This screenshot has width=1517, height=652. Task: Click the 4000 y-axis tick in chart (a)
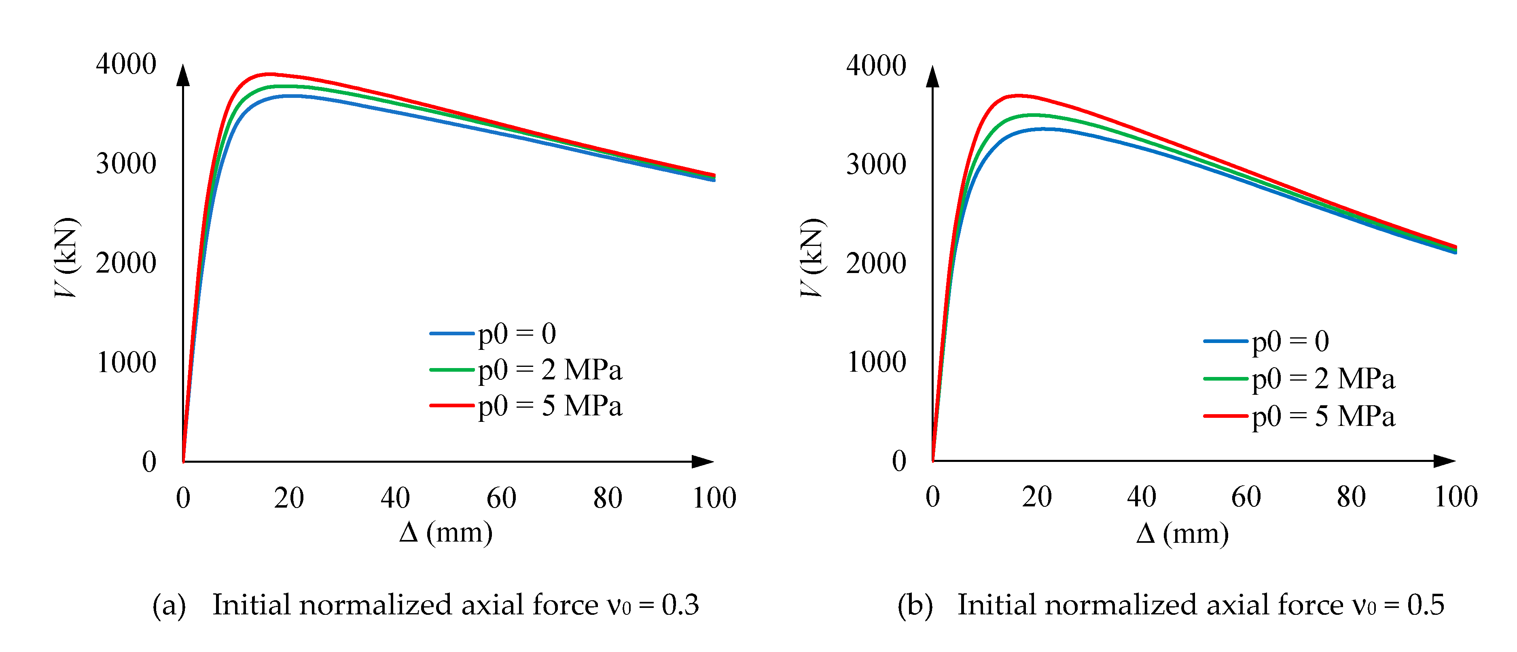coord(126,64)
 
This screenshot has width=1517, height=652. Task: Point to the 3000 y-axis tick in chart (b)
coord(876,164)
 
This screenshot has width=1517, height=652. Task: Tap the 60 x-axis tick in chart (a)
coord(501,498)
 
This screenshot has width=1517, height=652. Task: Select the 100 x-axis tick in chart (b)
coord(1456,497)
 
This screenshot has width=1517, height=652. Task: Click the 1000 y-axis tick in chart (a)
coord(126,363)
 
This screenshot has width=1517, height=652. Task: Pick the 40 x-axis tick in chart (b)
coord(1141,497)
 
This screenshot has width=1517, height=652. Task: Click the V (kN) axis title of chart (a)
coord(66,257)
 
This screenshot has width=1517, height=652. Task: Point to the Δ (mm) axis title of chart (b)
coord(1182,533)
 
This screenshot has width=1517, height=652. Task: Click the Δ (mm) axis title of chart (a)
coord(446,532)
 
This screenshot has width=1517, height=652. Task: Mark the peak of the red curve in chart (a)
coord(269,74)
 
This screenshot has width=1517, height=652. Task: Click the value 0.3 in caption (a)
coord(680,605)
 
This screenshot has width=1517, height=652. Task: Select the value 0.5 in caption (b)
coord(1426,605)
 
